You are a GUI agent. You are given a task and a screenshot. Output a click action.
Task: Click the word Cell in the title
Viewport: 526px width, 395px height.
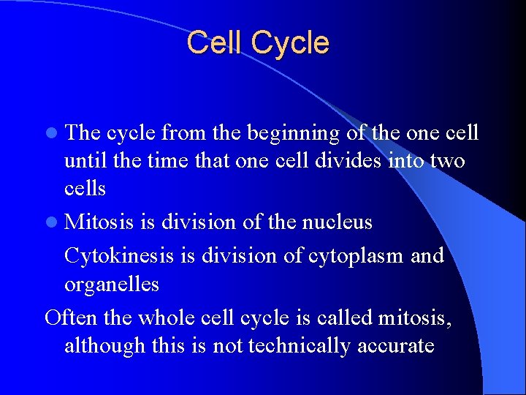coord(216,42)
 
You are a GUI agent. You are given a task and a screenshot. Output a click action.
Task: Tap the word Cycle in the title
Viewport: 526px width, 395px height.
coord(290,44)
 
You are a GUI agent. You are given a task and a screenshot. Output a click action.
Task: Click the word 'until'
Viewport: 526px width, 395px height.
coord(82,160)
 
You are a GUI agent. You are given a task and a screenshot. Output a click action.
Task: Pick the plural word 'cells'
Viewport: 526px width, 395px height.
coord(85,188)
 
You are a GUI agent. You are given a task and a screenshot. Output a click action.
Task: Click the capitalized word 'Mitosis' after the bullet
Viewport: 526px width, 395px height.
coord(99,222)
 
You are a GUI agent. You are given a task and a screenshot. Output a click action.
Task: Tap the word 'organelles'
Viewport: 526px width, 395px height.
coord(111,284)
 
